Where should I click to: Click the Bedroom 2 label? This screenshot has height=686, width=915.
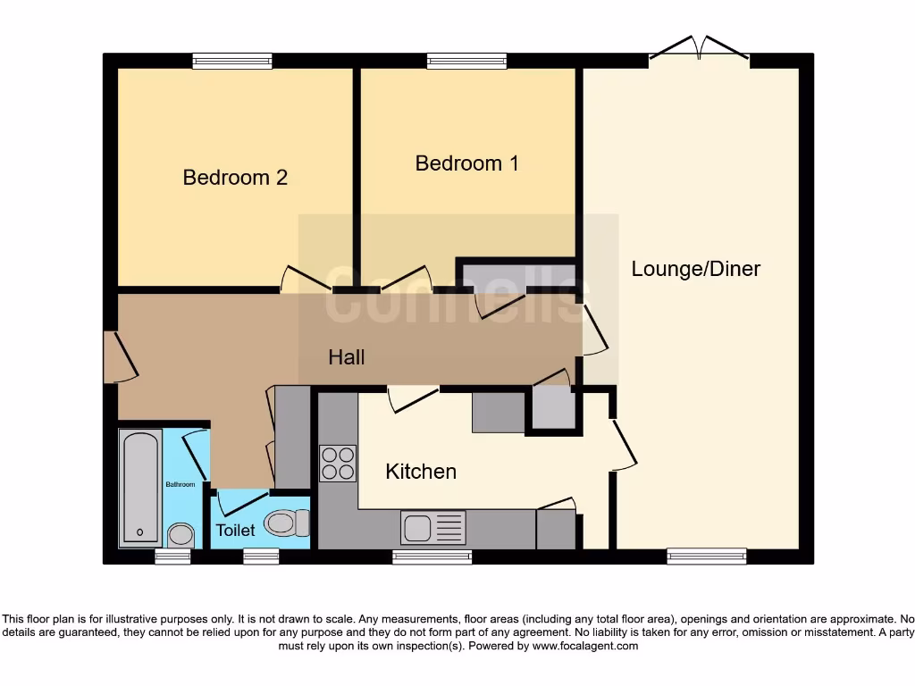235,178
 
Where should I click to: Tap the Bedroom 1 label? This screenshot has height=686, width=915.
466,163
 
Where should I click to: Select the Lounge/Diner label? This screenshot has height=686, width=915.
695,269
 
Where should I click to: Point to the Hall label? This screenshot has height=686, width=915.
347,357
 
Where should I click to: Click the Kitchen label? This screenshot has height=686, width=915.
421,472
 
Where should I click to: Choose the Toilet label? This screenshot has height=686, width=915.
235,531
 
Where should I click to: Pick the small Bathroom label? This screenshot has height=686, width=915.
180,484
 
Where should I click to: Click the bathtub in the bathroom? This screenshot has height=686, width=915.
140,489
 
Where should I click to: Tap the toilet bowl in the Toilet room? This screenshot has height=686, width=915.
287,523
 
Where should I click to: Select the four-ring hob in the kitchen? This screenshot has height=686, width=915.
338,464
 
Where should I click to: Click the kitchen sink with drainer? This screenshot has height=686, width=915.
433,527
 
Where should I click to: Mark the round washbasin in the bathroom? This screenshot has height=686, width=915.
180,534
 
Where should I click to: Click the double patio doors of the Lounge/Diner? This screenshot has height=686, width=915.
699,48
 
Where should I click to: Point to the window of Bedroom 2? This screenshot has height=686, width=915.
232,61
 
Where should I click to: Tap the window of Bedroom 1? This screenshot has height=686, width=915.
466,61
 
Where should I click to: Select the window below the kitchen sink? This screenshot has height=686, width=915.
432,557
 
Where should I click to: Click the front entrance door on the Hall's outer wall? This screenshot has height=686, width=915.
121,357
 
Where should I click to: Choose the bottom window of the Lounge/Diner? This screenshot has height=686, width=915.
707,556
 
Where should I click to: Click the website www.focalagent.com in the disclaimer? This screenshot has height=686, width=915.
584,646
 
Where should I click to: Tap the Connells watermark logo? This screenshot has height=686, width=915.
457,294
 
